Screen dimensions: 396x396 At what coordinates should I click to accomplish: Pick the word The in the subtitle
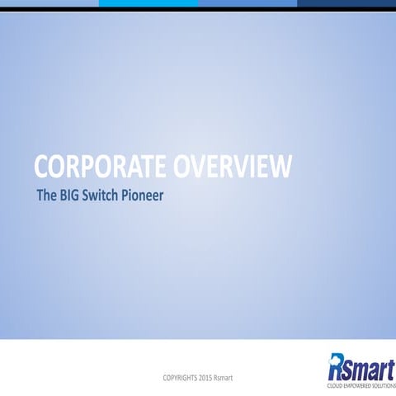(45, 198)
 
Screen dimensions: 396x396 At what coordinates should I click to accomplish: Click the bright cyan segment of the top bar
(148, 3)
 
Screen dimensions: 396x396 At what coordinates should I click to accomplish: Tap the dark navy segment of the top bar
(346, 3)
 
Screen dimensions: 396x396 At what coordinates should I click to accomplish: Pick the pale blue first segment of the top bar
(49, 3)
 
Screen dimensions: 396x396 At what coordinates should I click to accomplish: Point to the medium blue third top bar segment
(247, 3)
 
